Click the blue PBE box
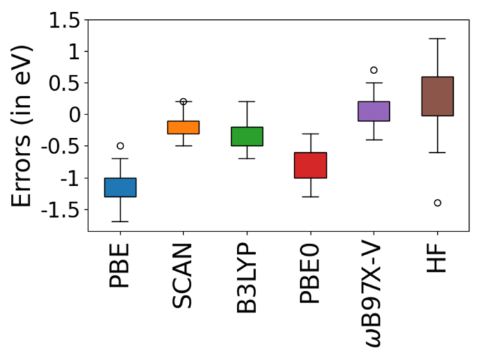pos(120,187)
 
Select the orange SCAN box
pos(184,127)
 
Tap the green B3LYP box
pos(247,136)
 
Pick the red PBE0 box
pos(310,165)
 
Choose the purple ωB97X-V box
pos(374,111)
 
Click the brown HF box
pos(437,96)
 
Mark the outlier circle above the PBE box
pos(120,146)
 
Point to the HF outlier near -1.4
pos(437,203)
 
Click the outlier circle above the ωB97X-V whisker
pos(374,70)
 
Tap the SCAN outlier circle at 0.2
pos(184,102)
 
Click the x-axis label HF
pos(437,259)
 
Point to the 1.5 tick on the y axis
pos(67,21)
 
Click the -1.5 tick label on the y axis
pos(62,210)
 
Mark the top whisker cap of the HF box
pos(437,38)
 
